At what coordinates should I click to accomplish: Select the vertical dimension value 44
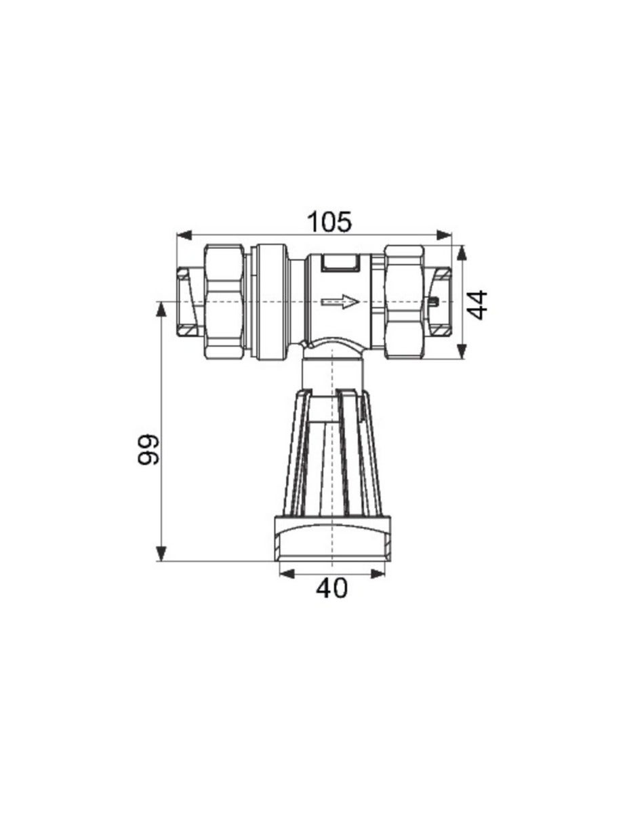[x=479, y=304]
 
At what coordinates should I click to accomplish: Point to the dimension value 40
[x=331, y=587]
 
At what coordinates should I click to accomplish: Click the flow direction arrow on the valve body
[x=340, y=301]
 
